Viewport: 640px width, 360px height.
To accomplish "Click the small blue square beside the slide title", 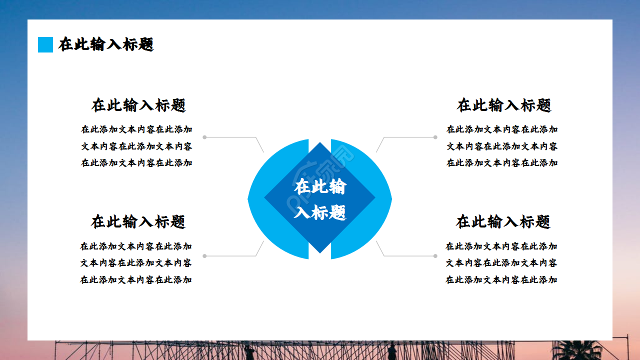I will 45,44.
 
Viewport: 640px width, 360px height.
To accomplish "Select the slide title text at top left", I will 106,44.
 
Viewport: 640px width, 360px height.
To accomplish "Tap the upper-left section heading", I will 138,105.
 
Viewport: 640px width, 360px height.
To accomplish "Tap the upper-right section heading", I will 504,105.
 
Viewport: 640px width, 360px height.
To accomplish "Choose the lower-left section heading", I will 138,221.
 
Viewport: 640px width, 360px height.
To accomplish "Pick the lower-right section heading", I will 503,221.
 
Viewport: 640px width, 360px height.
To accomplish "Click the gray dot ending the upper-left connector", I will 204,137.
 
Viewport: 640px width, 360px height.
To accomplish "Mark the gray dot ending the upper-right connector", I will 435,137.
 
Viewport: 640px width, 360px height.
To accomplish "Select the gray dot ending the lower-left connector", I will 204,256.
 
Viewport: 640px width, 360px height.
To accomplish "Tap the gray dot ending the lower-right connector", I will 435,256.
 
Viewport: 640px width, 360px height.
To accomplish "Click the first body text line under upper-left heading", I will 136,129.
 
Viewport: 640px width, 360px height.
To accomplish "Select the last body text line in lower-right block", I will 501,279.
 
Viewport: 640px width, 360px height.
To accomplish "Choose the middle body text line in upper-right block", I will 502,146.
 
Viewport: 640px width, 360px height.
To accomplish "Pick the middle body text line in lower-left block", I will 136,263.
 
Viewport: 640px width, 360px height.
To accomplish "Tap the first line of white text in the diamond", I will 320,187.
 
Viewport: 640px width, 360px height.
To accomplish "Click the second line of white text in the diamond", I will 320,212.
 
